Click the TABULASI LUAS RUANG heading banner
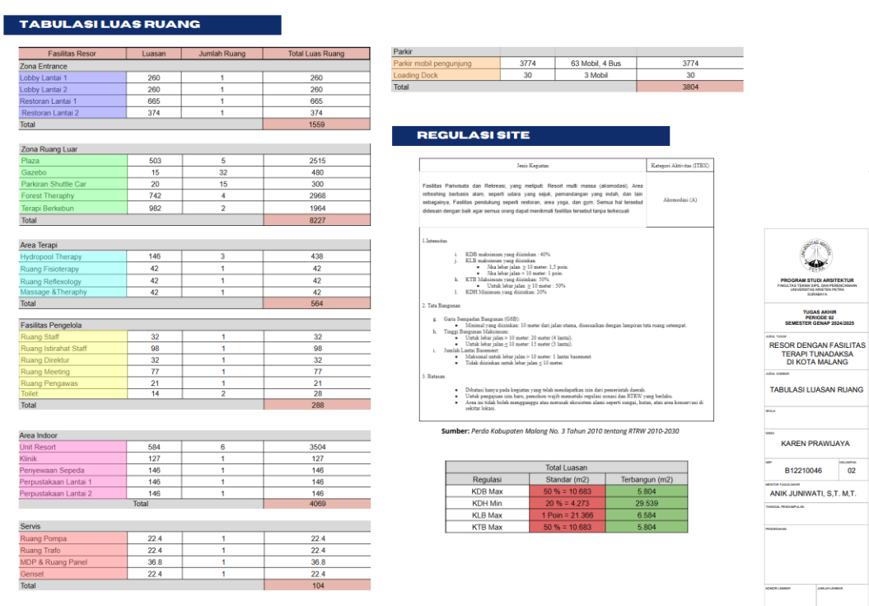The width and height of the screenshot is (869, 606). click(142, 25)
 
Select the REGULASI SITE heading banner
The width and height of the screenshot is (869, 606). click(530, 135)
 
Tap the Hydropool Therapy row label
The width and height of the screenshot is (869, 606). click(51, 256)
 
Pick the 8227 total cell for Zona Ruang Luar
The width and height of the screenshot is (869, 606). click(316, 220)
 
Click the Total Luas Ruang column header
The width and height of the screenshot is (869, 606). click(316, 54)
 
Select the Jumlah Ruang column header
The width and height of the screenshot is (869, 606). click(222, 54)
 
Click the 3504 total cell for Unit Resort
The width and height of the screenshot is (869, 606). click(316, 446)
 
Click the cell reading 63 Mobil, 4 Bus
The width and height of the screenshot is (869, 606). click(596, 63)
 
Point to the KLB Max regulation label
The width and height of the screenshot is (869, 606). click(486, 514)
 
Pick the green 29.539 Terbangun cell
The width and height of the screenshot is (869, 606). click(647, 503)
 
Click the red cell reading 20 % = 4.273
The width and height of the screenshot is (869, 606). click(566, 503)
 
